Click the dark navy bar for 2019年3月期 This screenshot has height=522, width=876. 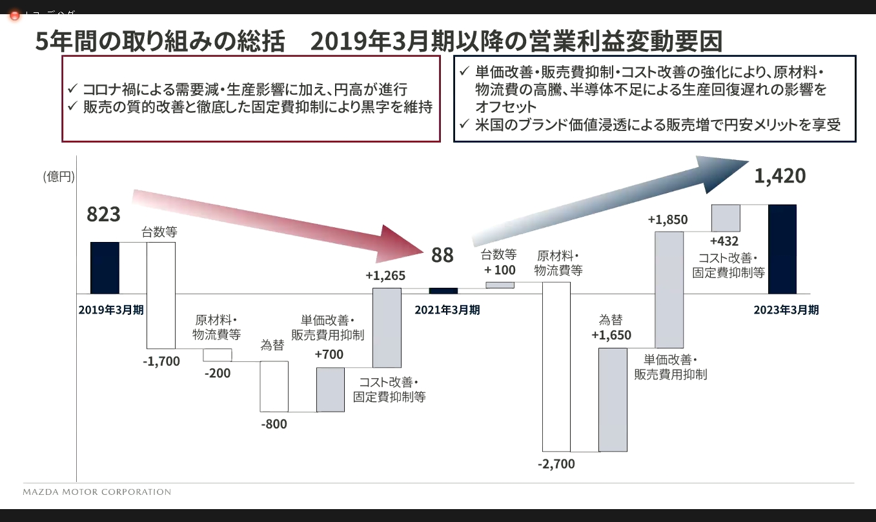[x=105, y=268]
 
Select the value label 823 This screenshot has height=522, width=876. [x=104, y=214]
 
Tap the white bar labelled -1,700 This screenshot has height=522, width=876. [x=161, y=295]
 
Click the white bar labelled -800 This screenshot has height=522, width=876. [x=274, y=386]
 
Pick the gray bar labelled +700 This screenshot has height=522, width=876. [x=330, y=389]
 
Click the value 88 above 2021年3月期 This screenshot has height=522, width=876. [x=442, y=256]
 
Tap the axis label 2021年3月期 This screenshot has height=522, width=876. [x=447, y=310]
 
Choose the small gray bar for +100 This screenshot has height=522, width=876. [x=500, y=285]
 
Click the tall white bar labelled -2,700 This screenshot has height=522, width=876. [x=556, y=366]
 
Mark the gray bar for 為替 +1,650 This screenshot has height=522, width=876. [x=613, y=399]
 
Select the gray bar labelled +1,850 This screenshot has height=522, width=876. [x=669, y=289]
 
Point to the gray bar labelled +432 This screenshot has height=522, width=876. [x=725, y=217]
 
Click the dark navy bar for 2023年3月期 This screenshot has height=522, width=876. [x=782, y=249]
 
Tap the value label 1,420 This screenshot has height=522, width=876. [x=780, y=176]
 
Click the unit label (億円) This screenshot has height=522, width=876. [x=59, y=176]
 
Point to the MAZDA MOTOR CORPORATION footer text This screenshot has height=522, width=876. [x=97, y=492]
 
